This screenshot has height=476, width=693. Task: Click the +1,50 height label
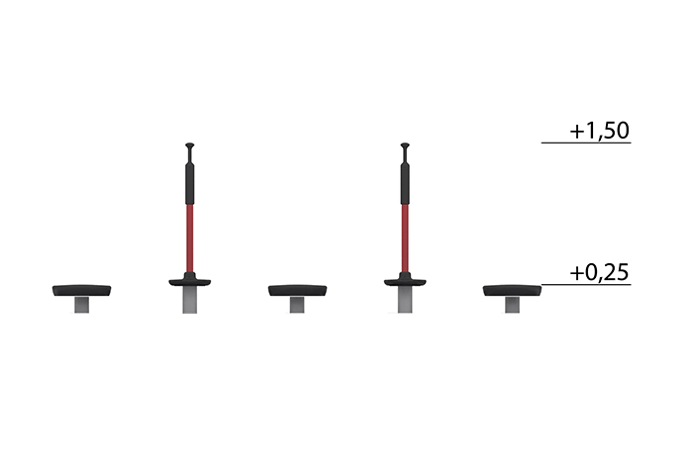coord(599,131)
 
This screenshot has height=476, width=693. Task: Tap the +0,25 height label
coord(599,273)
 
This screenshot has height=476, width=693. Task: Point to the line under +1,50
coord(586,143)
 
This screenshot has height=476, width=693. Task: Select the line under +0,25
coord(586,285)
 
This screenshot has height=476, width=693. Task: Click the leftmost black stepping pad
coord(82,290)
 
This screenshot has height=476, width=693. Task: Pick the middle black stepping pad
coord(297,290)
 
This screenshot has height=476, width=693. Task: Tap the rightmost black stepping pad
coord(512,290)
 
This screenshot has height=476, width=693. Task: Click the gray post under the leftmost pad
coord(82,305)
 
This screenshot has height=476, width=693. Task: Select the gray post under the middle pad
coord(297,305)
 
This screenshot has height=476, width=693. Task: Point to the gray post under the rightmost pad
coord(512,305)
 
